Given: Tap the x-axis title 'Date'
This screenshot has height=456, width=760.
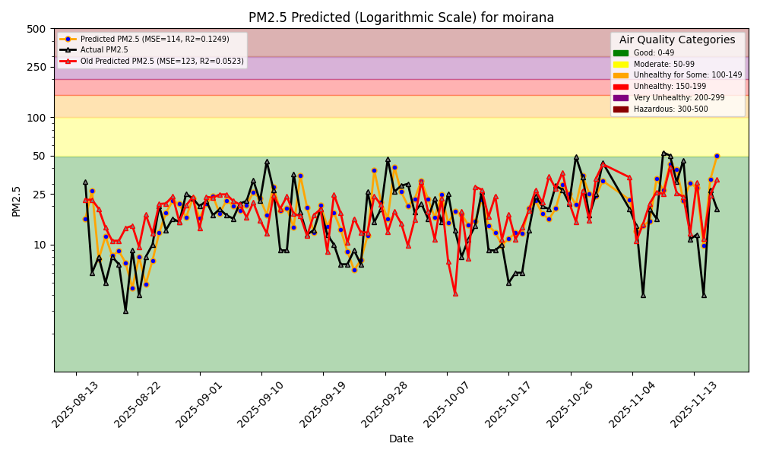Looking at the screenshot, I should [401, 439].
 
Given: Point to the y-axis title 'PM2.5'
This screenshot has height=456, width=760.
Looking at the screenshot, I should [16, 201].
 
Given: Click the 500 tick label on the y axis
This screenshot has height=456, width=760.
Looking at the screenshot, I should [36, 29].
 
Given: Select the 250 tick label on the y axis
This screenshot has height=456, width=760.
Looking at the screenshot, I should [36, 67].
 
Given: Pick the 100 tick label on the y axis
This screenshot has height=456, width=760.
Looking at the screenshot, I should [36, 118].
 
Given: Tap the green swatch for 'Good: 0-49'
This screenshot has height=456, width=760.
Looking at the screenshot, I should [621, 53].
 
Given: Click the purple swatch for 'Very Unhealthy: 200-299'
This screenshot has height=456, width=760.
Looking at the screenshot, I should [621, 98].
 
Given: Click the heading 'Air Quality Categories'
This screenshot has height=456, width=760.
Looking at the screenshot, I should [677, 40].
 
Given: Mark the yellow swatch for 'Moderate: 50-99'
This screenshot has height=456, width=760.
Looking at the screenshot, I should [621, 65].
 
